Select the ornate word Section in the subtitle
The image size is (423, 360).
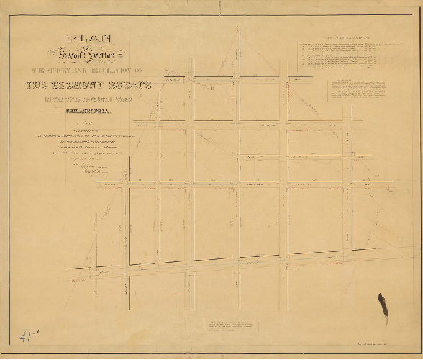pos(103,55)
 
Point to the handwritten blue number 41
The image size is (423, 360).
pos(24,336)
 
